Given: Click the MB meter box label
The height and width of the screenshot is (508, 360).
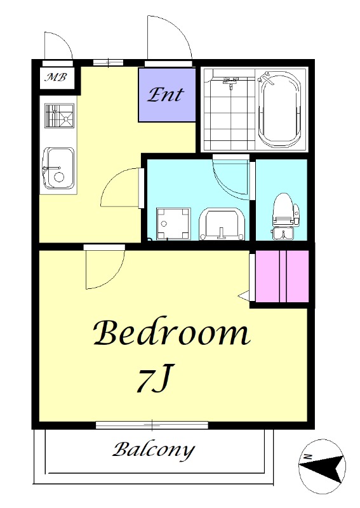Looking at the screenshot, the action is pyautogui.click(x=57, y=77).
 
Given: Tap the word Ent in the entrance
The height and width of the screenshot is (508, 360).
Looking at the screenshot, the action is pyautogui.click(x=166, y=95).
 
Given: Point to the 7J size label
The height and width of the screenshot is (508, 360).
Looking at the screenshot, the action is pyautogui.click(x=155, y=378).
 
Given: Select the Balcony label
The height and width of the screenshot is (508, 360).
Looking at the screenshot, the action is pyautogui.click(x=154, y=450).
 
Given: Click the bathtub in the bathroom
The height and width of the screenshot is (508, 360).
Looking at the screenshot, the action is pyautogui.click(x=280, y=109).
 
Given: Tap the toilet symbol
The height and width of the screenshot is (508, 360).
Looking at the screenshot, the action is pyautogui.click(x=286, y=217).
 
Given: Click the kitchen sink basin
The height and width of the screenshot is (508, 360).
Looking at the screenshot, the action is pyautogui.click(x=58, y=168).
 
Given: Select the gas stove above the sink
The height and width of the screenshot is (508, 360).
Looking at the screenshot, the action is pyautogui.click(x=59, y=116).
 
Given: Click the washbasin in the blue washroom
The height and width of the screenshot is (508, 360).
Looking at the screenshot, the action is pyautogui.click(x=222, y=224).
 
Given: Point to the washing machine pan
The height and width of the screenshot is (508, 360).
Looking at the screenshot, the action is pyautogui.click(x=173, y=224).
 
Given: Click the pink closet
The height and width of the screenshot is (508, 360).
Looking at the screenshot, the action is pyautogui.click(x=281, y=276).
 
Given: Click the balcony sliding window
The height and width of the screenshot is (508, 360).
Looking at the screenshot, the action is pyautogui.click(x=152, y=425).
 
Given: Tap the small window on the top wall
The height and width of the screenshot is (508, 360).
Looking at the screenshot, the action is pyautogui.click(x=108, y=62).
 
